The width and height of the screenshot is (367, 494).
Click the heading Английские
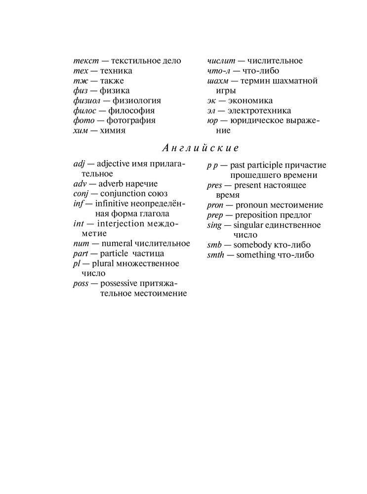[x=201, y=148]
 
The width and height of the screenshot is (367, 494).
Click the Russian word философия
[x=131, y=110]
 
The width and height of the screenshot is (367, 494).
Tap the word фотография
[x=131, y=121]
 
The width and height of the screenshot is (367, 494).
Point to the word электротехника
[x=263, y=111]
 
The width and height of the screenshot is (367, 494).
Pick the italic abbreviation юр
[x=212, y=121]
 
